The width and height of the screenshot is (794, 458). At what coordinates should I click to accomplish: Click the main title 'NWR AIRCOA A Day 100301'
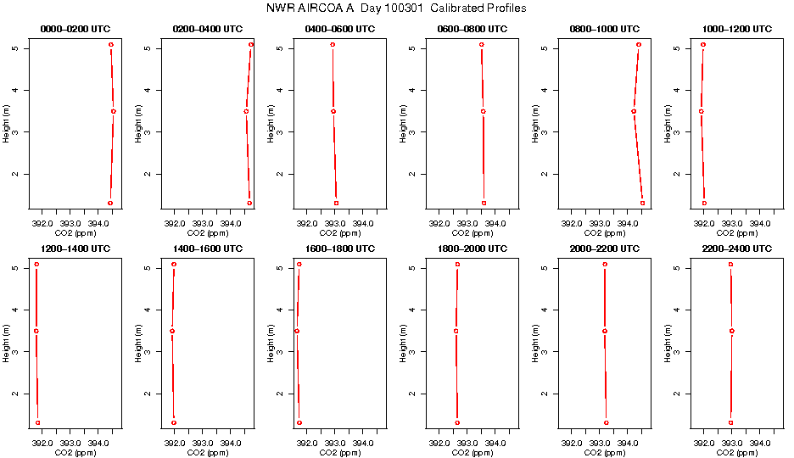[396, 8]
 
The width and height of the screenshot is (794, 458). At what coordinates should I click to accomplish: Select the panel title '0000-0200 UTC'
[75, 29]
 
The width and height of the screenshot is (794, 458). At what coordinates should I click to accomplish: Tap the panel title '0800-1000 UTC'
[605, 29]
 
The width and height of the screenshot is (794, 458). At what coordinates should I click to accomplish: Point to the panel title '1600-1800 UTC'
[340, 249]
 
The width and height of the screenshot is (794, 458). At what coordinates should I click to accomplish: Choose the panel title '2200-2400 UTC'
[737, 249]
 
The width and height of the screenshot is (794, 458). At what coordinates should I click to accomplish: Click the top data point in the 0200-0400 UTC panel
[251, 44]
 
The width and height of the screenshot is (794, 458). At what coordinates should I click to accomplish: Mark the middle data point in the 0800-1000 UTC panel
[634, 111]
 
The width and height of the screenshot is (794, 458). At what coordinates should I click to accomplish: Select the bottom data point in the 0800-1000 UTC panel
[642, 203]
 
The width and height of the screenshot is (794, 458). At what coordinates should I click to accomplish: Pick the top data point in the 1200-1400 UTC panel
[37, 265]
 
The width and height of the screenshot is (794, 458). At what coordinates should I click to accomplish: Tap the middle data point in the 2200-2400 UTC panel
[732, 331]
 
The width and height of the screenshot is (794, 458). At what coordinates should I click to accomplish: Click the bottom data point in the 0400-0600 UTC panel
[336, 203]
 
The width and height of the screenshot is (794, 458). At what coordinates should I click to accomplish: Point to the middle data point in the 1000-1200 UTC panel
[702, 111]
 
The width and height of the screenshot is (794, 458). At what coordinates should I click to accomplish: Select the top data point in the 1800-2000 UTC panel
[457, 265]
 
